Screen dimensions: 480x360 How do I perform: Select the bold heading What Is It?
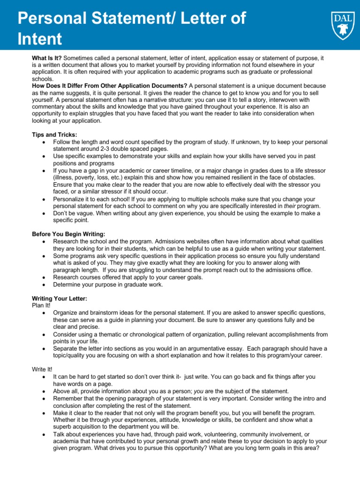[46, 58]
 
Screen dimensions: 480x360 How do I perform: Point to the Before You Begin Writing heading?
[68, 234]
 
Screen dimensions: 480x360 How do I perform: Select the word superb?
[63, 427]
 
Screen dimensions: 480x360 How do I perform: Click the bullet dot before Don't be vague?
[44, 213]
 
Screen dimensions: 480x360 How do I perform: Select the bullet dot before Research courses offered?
[44, 277]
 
